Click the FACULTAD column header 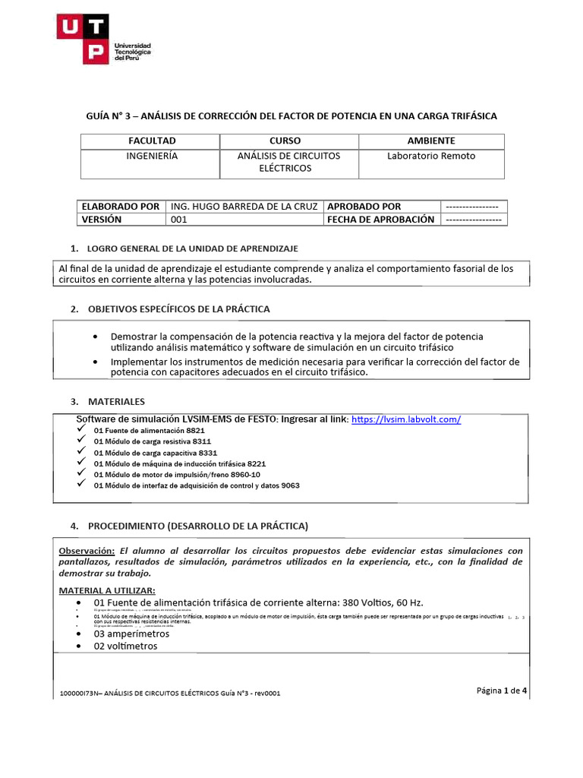(x=151, y=141)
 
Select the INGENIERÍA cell (x=151, y=156)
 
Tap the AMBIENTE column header (x=431, y=141)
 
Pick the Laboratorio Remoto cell (x=431, y=156)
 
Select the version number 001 (x=179, y=220)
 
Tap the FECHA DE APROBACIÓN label (x=380, y=220)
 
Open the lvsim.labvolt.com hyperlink (x=407, y=419)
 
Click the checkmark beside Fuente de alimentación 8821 (x=83, y=431)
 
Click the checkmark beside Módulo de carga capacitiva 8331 (x=83, y=452)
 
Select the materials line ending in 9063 (x=197, y=485)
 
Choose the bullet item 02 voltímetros (x=125, y=646)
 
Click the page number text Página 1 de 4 (x=501, y=691)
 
